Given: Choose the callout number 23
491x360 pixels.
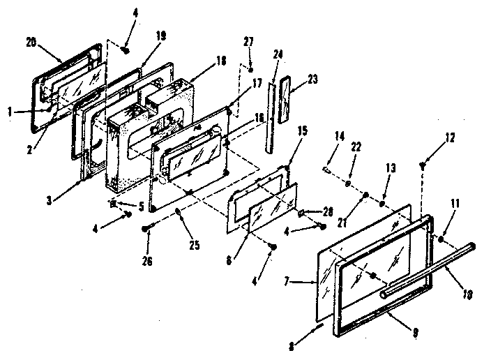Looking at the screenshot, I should (x=312, y=79).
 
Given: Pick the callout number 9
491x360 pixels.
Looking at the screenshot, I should (x=416, y=332).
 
